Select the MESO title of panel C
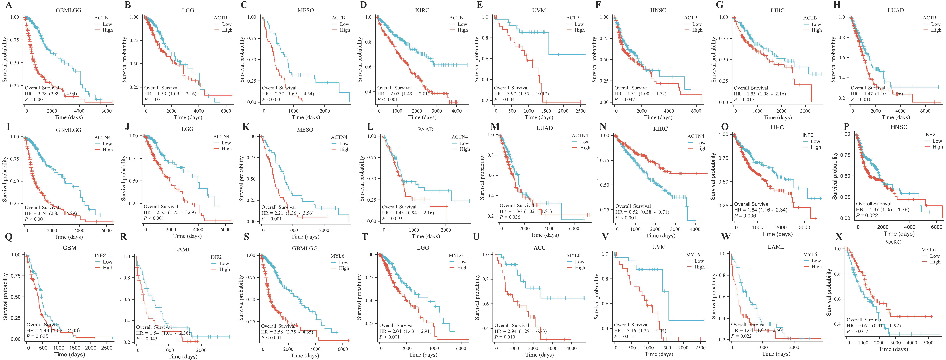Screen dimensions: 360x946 306,10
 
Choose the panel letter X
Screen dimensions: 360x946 839,237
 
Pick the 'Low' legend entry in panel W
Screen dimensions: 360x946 816,260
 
